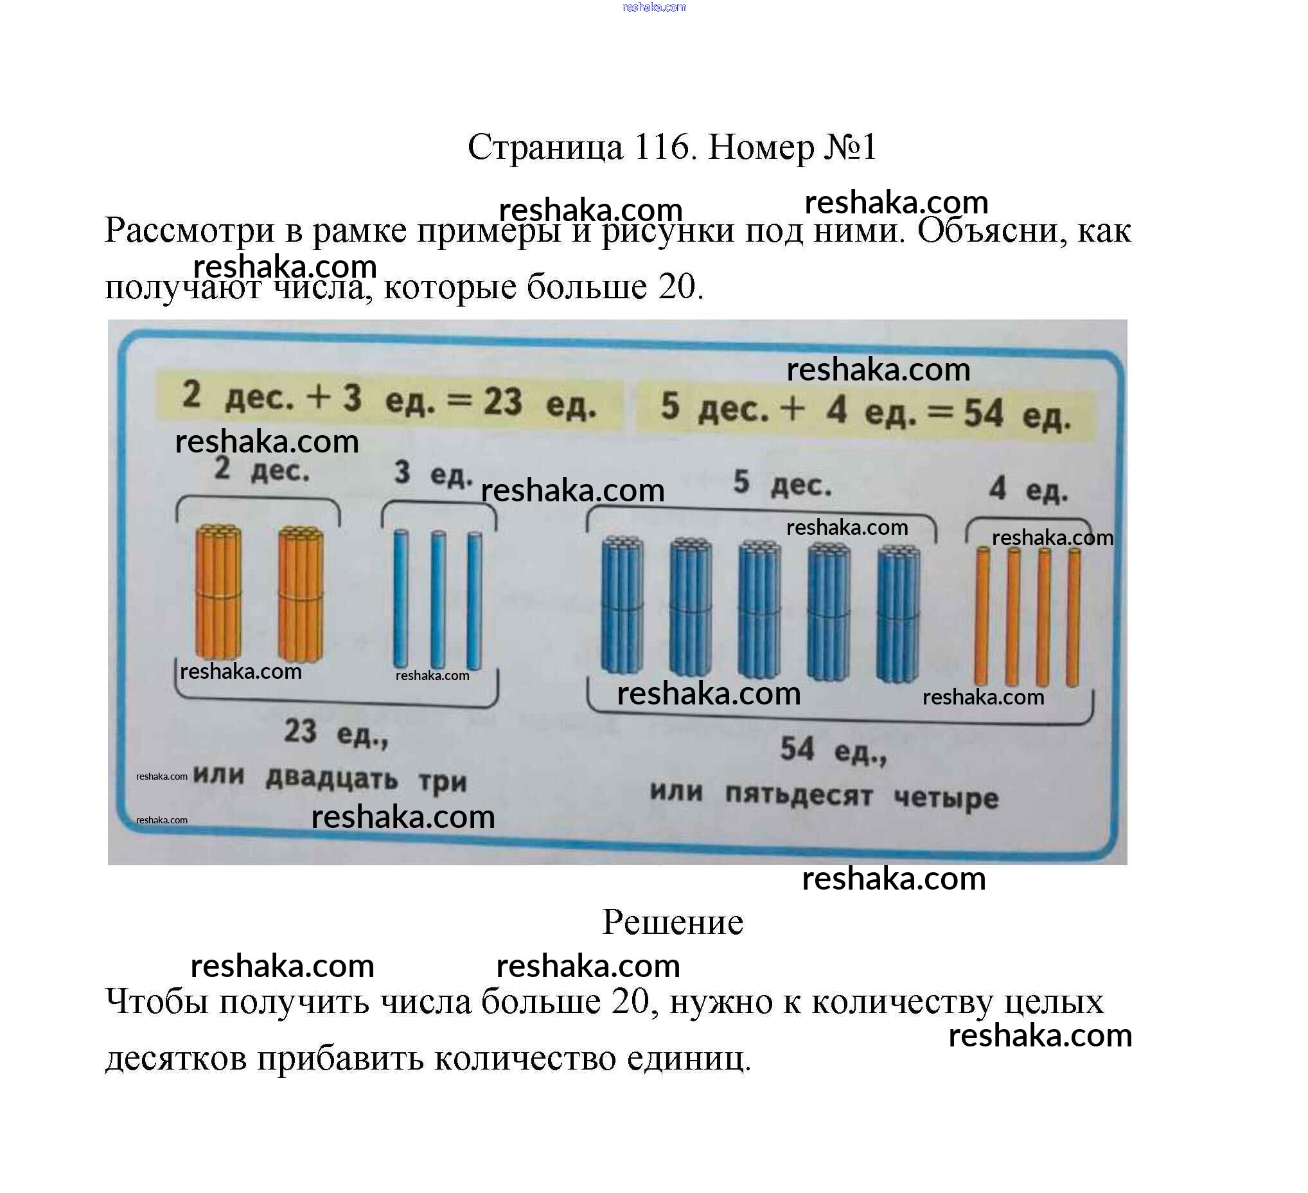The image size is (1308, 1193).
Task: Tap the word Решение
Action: (x=672, y=922)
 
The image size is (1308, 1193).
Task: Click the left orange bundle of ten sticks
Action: (x=218, y=592)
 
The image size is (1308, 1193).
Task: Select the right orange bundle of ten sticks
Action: (x=301, y=594)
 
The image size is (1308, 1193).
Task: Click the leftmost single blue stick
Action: (x=401, y=598)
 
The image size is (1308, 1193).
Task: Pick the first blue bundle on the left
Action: (x=623, y=605)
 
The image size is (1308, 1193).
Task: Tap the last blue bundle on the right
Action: (x=897, y=613)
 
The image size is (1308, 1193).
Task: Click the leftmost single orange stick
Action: (x=982, y=616)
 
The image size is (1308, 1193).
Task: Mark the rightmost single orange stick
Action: (x=1073, y=618)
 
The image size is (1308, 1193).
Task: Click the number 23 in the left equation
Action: (x=503, y=401)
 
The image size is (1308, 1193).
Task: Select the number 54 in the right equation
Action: (x=983, y=413)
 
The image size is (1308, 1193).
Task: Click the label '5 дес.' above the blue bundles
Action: (x=782, y=484)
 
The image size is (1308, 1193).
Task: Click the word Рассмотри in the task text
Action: (x=190, y=230)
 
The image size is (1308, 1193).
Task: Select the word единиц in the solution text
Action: (x=689, y=1059)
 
